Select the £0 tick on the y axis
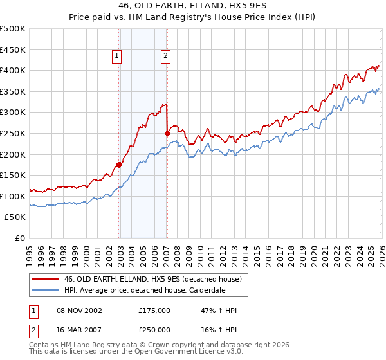point(21,238)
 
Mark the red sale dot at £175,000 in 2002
point(119,165)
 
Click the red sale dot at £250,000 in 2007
point(167,133)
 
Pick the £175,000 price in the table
point(154,310)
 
